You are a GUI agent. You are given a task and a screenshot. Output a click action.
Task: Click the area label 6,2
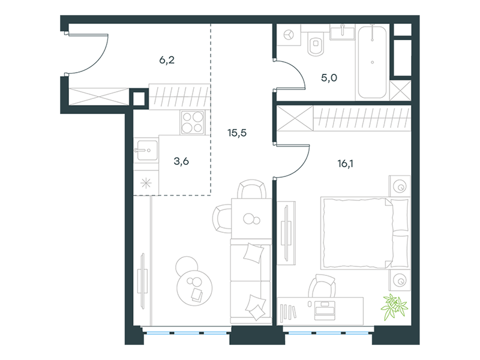point(167,60)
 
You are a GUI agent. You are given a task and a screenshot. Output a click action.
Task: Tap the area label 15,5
point(237,133)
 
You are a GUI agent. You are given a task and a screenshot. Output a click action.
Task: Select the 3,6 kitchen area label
point(181,161)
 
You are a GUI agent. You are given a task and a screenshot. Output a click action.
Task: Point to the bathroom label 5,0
point(329,78)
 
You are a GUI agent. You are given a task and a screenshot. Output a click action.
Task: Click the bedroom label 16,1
point(346,164)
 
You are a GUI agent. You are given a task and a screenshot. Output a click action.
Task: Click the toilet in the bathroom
point(316,44)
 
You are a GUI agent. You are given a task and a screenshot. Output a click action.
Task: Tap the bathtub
point(372,62)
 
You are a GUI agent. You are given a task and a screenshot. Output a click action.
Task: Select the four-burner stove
point(193,122)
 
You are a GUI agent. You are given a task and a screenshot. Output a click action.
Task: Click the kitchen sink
point(147,150)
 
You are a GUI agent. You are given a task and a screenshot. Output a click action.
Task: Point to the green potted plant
point(394,306)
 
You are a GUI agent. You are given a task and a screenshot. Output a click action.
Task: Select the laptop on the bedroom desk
point(325,310)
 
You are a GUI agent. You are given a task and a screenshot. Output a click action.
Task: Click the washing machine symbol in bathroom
point(289,35)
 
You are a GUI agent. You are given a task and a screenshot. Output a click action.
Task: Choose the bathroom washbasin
point(343,32)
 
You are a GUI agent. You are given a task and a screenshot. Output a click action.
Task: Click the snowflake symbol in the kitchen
point(146,184)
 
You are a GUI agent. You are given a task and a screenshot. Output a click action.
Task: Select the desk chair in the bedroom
point(322,286)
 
